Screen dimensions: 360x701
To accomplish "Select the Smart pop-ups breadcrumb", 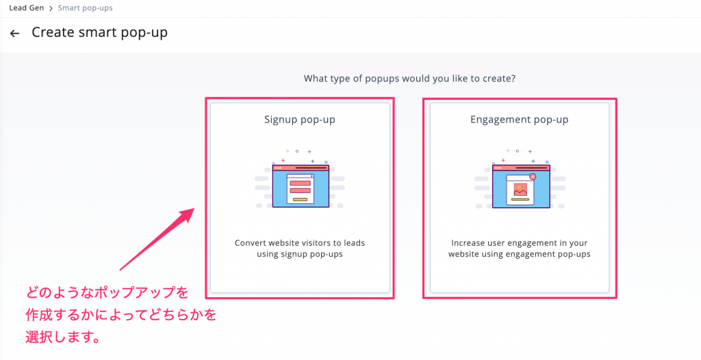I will pos(86,8).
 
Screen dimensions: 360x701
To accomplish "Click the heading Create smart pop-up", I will pos(99,32).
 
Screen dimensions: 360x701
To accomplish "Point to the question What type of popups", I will pos(409,78).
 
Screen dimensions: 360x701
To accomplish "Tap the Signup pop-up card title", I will pos(300,120).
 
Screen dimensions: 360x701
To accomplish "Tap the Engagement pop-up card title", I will pos(519,120).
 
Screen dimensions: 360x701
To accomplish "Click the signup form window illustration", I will pos(300,185).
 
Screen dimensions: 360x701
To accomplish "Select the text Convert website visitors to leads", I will pos(300,243).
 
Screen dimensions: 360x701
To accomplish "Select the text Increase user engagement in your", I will pos(519,243).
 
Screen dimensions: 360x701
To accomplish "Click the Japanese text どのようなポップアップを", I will pos(106,293).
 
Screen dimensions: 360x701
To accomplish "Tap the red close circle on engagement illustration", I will pos(533,177).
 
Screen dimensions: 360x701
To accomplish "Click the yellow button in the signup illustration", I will pos(300,199).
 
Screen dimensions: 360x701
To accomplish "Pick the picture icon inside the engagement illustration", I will pos(520,190).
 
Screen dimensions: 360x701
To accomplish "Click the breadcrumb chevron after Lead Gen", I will pos(51,8).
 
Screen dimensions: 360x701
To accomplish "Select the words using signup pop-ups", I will pos(300,255).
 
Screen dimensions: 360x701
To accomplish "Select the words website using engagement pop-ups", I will pos(519,255).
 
